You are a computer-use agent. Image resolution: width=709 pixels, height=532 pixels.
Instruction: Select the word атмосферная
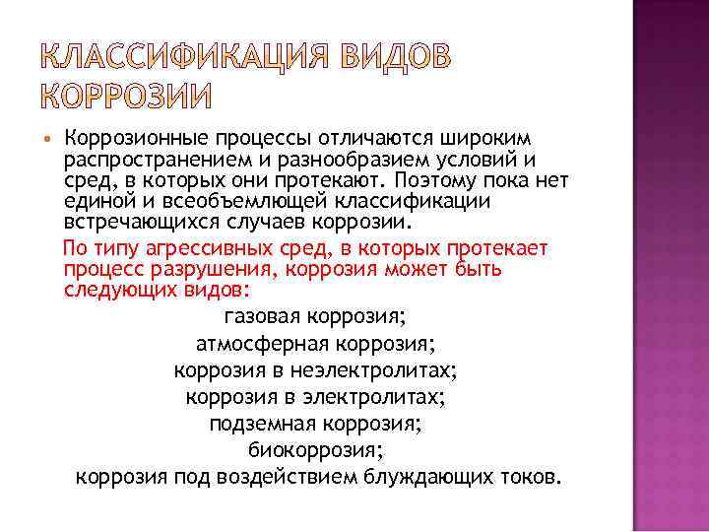click(x=262, y=344)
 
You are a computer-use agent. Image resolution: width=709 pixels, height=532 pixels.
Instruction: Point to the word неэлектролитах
click(x=377, y=370)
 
